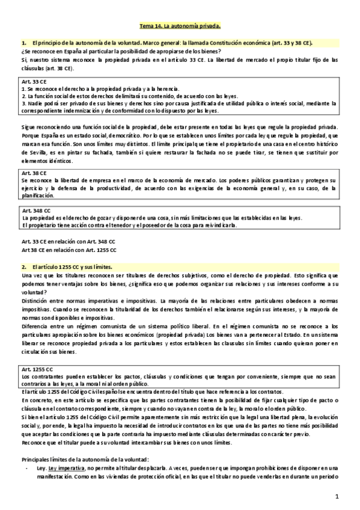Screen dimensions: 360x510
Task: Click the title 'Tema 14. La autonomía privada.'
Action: (180, 26)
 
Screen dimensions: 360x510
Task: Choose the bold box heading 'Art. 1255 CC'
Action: (37, 368)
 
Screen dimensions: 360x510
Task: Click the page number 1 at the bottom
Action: (338, 496)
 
